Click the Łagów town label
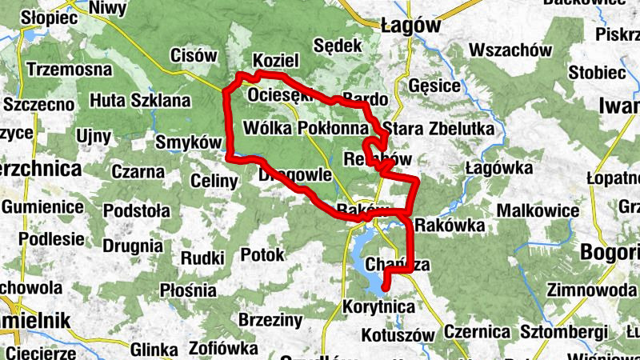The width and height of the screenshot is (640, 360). [x=411, y=25]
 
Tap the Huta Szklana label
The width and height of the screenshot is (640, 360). [x=140, y=101]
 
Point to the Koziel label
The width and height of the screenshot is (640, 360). [x=275, y=61]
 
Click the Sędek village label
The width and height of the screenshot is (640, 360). [x=338, y=45]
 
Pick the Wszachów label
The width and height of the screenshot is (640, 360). [x=512, y=50]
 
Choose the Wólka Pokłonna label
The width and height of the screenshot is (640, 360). [x=307, y=128]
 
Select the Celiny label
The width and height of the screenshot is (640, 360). [x=214, y=182]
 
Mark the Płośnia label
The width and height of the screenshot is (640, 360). [x=189, y=290]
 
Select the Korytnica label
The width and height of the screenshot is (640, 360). [x=378, y=306]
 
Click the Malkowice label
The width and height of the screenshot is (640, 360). [x=538, y=211]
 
